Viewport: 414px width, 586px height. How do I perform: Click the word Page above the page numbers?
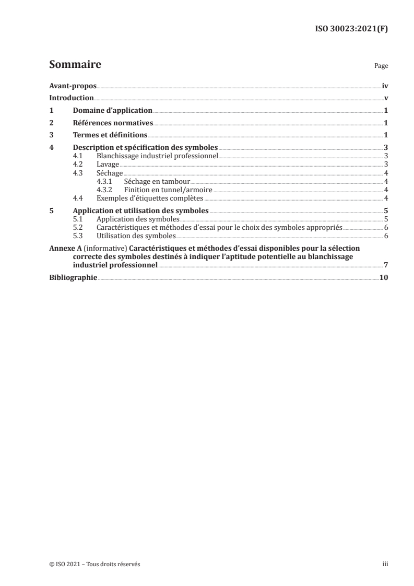381,67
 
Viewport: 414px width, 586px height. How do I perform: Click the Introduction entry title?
71,98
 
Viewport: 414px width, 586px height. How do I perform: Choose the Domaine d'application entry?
112,111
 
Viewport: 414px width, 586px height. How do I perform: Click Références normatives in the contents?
113,123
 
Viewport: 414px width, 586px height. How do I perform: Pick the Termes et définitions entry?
110,135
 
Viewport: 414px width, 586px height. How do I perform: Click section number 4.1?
79,156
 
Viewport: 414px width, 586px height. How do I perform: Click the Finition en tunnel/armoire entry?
168,190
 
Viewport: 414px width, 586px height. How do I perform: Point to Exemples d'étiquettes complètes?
150,198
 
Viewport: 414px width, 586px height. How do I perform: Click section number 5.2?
79,228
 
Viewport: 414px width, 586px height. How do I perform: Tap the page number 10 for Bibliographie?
384,277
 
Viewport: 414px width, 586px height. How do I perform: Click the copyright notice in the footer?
94,564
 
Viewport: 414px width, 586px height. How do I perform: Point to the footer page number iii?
385,564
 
